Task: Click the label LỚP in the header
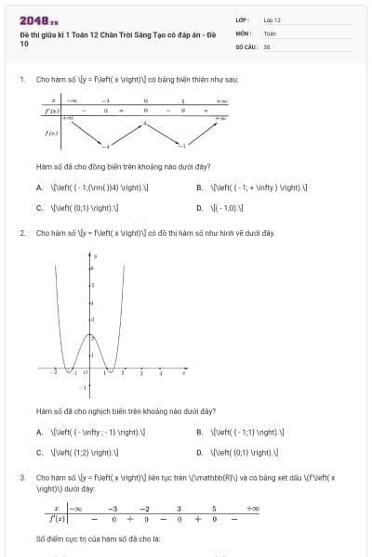[242, 19]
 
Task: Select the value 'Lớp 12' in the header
[272, 19]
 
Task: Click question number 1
[21, 80]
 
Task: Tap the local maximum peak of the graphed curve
[89, 333]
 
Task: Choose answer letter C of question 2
[40, 453]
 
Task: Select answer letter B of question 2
[200, 432]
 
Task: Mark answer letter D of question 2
[200, 453]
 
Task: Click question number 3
[21, 477]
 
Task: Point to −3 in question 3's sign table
[113, 509]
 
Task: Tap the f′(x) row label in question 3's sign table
[58, 520]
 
